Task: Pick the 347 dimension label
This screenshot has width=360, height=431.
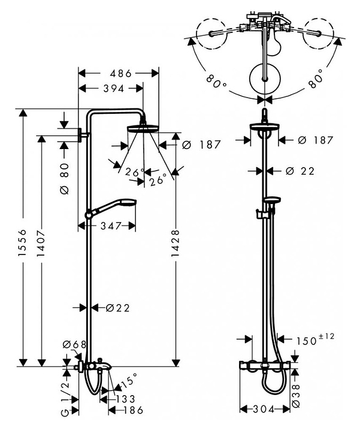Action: pyautogui.click(x=110, y=226)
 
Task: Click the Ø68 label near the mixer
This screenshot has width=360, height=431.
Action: pyautogui.click(x=75, y=344)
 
